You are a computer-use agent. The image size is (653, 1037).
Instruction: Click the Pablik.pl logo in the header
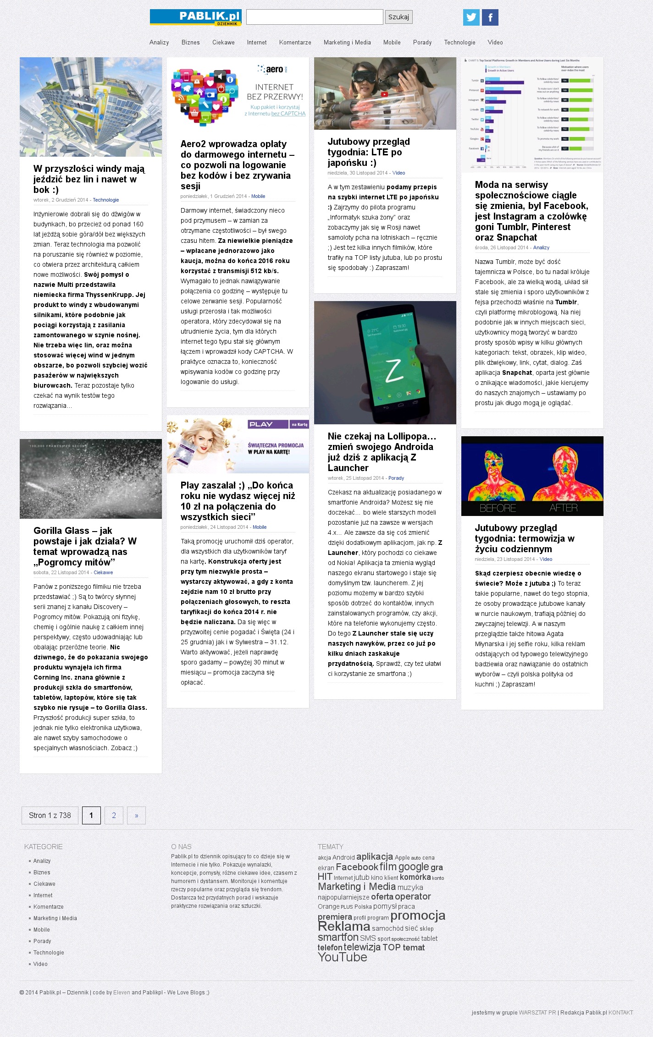click(x=195, y=17)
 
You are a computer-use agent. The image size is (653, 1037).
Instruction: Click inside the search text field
click(x=315, y=17)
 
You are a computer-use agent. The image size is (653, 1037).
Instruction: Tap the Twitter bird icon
click(x=471, y=17)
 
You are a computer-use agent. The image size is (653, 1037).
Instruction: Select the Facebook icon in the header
click(x=490, y=17)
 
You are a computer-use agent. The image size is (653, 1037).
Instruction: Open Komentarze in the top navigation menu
click(x=295, y=43)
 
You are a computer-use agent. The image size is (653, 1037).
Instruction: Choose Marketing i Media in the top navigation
click(x=347, y=43)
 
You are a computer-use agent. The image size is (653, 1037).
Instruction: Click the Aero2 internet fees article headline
click(x=237, y=165)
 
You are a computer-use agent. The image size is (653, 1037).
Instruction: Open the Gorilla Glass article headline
click(x=85, y=546)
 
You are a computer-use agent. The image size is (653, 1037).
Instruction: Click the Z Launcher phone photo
click(x=385, y=362)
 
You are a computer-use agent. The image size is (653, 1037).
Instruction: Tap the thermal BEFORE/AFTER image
click(x=532, y=476)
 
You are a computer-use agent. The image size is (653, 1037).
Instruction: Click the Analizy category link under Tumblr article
click(x=541, y=247)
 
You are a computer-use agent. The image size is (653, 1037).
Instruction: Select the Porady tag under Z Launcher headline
click(x=396, y=478)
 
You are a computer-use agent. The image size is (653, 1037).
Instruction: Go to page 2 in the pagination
click(x=114, y=815)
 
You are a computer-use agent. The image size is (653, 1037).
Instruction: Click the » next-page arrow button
click(x=136, y=815)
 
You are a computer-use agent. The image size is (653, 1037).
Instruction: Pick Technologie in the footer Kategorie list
click(x=49, y=952)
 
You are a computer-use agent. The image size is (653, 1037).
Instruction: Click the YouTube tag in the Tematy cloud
click(x=343, y=957)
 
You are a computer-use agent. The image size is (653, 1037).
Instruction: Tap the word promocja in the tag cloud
click(x=418, y=916)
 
